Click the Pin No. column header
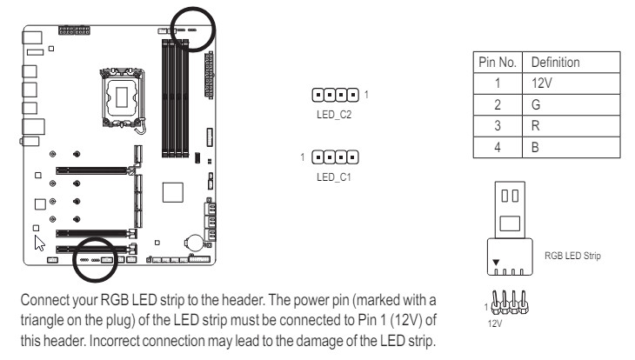pos(497,63)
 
